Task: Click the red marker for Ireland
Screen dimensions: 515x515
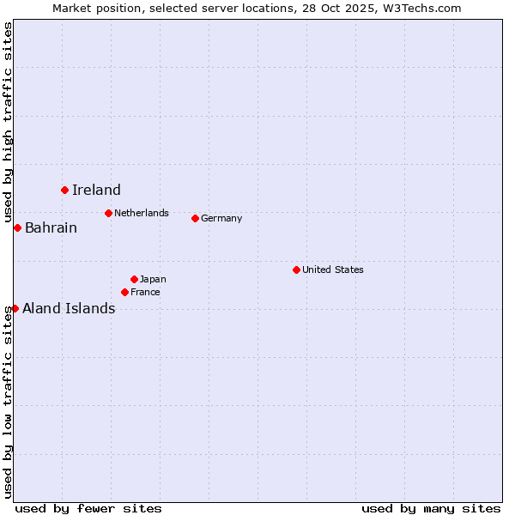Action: pos(64,190)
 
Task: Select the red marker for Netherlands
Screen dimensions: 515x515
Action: pos(108,213)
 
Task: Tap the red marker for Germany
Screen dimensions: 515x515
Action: pos(195,218)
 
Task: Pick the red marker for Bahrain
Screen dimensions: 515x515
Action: pos(17,227)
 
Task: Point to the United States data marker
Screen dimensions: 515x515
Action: pos(296,270)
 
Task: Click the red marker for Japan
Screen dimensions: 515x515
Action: pos(134,279)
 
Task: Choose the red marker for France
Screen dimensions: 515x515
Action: pos(124,292)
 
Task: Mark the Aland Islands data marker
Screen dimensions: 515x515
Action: pos(15,308)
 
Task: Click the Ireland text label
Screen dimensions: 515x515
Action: pos(96,191)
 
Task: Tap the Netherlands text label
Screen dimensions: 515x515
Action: pos(142,213)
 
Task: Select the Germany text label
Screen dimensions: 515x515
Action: pos(221,218)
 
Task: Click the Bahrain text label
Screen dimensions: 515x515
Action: pos(51,228)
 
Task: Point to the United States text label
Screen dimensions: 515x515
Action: pos(333,270)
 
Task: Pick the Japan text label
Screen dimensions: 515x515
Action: pos(153,279)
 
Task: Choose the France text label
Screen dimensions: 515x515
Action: pos(145,292)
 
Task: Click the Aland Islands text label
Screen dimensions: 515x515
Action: pos(69,309)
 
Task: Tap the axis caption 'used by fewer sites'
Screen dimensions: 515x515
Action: pos(88,508)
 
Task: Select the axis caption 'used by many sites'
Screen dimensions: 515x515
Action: pos(431,508)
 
